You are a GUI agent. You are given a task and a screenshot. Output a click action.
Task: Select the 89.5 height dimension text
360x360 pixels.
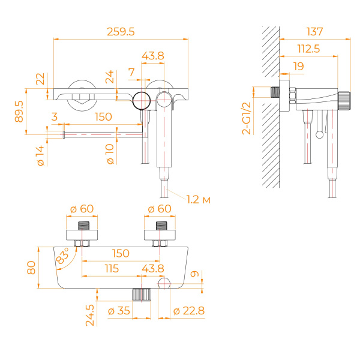click(x=19, y=112)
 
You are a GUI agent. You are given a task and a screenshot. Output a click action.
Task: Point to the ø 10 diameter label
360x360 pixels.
click(x=110, y=155)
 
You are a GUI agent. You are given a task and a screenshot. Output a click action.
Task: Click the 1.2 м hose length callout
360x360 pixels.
click(x=198, y=199)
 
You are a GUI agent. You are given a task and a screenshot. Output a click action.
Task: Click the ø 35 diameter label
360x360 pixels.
click(x=119, y=311)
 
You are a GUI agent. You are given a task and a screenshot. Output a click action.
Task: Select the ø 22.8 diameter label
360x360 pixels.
click(x=188, y=311)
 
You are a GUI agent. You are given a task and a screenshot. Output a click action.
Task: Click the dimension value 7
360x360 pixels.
click(x=131, y=72)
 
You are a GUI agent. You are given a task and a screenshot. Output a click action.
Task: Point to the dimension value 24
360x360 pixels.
click(x=109, y=77)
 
